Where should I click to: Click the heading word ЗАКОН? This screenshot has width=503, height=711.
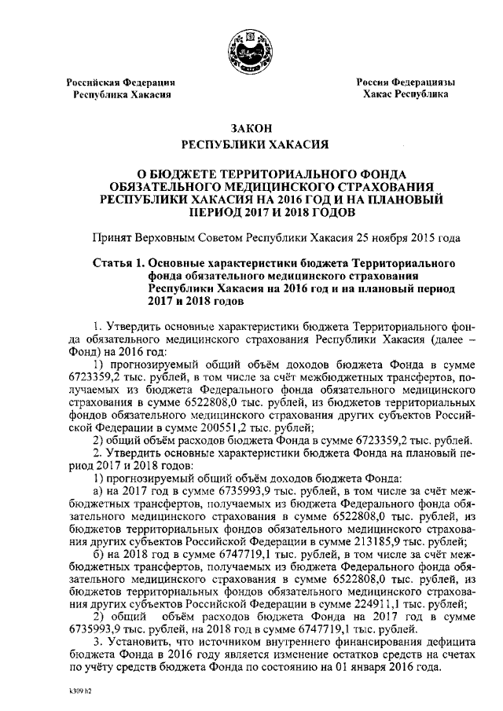[x=251, y=128]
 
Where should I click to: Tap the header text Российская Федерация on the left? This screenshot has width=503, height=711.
[x=119, y=82]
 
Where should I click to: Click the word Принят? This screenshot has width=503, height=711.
[x=112, y=236]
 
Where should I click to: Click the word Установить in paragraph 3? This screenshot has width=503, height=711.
[x=134, y=642]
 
